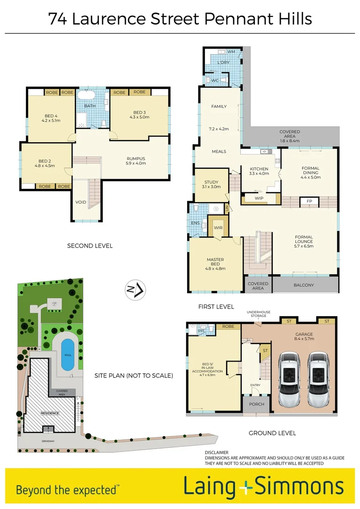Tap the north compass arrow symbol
click(x=135, y=290)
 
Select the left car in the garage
click(x=289, y=380)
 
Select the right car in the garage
click(x=319, y=380)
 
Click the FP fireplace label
click(x=309, y=201)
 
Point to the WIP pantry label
click(x=259, y=198)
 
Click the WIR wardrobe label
click(x=218, y=228)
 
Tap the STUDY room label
click(x=211, y=182)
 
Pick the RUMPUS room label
click(x=136, y=158)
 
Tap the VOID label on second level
click(x=81, y=202)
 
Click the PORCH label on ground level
click(x=257, y=404)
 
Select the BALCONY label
click(x=303, y=285)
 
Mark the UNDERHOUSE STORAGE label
click(x=258, y=313)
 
